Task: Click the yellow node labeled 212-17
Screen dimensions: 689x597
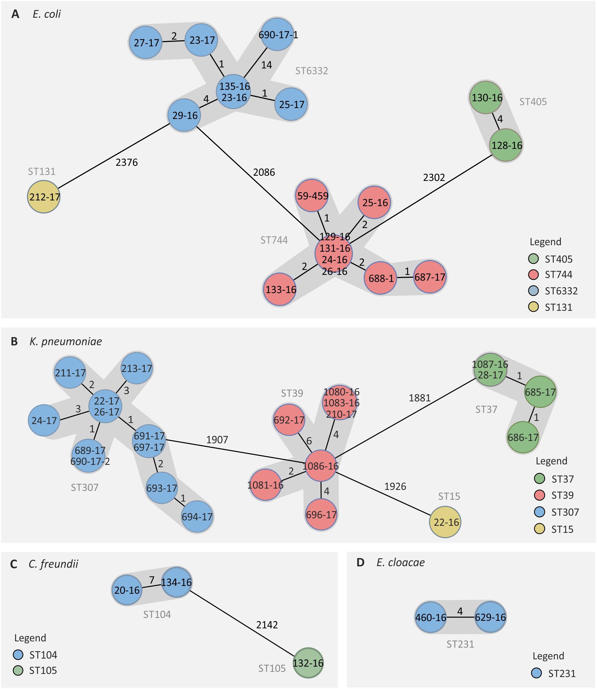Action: point(44,197)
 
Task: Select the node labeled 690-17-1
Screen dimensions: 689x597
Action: point(277,34)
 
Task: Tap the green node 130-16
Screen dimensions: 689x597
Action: point(486,98)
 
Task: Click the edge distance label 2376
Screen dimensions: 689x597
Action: point(127,162)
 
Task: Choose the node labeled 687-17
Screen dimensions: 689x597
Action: point(430,277)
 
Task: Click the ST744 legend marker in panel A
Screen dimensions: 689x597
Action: point(534,274)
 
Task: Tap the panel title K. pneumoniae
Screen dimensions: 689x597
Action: point(66,341)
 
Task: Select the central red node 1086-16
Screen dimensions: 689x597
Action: point(321,466)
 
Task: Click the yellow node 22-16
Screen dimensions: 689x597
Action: point(445,522)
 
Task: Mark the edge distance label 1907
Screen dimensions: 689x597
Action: point(217,440)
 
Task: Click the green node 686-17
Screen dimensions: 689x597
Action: point(523,437)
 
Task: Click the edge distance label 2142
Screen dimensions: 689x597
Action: point(267,625)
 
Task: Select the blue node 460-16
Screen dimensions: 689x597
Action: point(431,617)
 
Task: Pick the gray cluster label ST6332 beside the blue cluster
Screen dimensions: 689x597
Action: point(311,71)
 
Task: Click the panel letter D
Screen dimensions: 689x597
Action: point(361,562)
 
